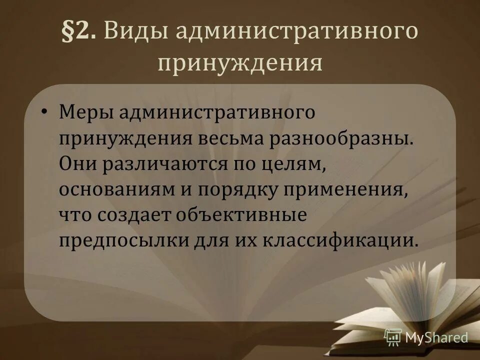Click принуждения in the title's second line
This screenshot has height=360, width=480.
pyautogui.click(x=239, y=63)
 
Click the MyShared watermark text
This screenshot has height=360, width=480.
pyautogui.click(x=436, y=338)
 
